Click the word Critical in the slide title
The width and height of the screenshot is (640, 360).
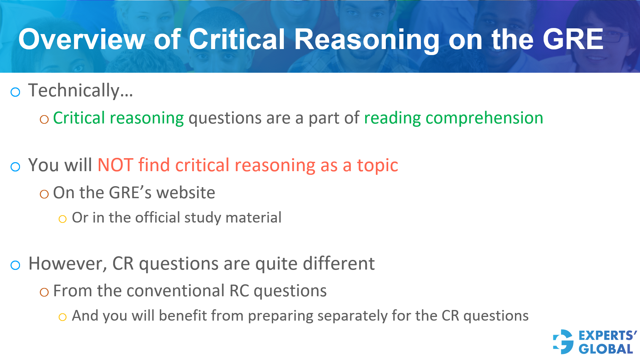click(x=237, y=39)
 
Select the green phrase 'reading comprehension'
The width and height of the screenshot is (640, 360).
click(x=453, y=118)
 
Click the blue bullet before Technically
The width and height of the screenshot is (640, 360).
click(x=15, y=92)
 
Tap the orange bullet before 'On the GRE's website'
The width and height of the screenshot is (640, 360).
click(x=44, y=194)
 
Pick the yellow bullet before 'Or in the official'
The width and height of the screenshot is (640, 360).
click(x=62, y=219)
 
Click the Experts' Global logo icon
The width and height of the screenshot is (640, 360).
click(x=563, y=342)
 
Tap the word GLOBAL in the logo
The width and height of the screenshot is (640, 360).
click(x=606, y=349)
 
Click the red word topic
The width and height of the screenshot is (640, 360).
click(x=377, y=165)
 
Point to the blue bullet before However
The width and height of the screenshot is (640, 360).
click(x=15, y=265)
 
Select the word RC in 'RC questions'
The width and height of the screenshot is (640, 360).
click(x=239, y=291)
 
